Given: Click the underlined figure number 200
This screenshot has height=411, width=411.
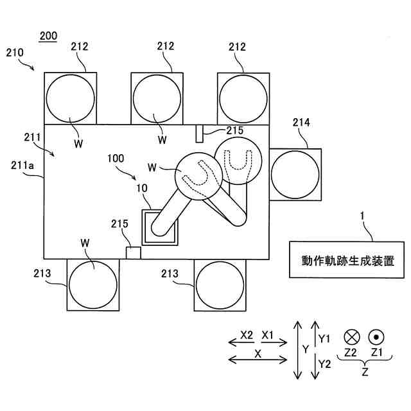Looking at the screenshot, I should coord(48,36).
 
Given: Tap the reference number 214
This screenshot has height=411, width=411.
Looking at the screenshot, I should coord(302,122).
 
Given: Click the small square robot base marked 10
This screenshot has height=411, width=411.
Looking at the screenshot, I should coord(161,227).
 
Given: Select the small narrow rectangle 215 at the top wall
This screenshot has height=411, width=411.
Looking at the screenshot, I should coord(200,134).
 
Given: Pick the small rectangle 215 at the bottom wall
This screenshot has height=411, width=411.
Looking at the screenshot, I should coord(133,252).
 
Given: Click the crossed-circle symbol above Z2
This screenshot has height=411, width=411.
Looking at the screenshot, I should coord(351,336).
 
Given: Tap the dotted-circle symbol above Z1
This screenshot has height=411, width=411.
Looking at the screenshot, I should coord(376,336).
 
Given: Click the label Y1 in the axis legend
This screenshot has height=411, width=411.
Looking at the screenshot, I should coord(324,338).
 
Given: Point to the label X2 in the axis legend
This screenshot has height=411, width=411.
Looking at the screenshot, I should coord(246,335).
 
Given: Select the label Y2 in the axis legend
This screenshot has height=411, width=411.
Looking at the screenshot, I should coord(325,363).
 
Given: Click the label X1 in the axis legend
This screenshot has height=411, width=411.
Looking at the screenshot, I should coord(268,335).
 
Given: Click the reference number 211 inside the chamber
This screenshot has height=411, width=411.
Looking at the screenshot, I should coord(33,137).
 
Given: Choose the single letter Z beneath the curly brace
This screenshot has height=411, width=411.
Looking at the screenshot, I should coord(365,372).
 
